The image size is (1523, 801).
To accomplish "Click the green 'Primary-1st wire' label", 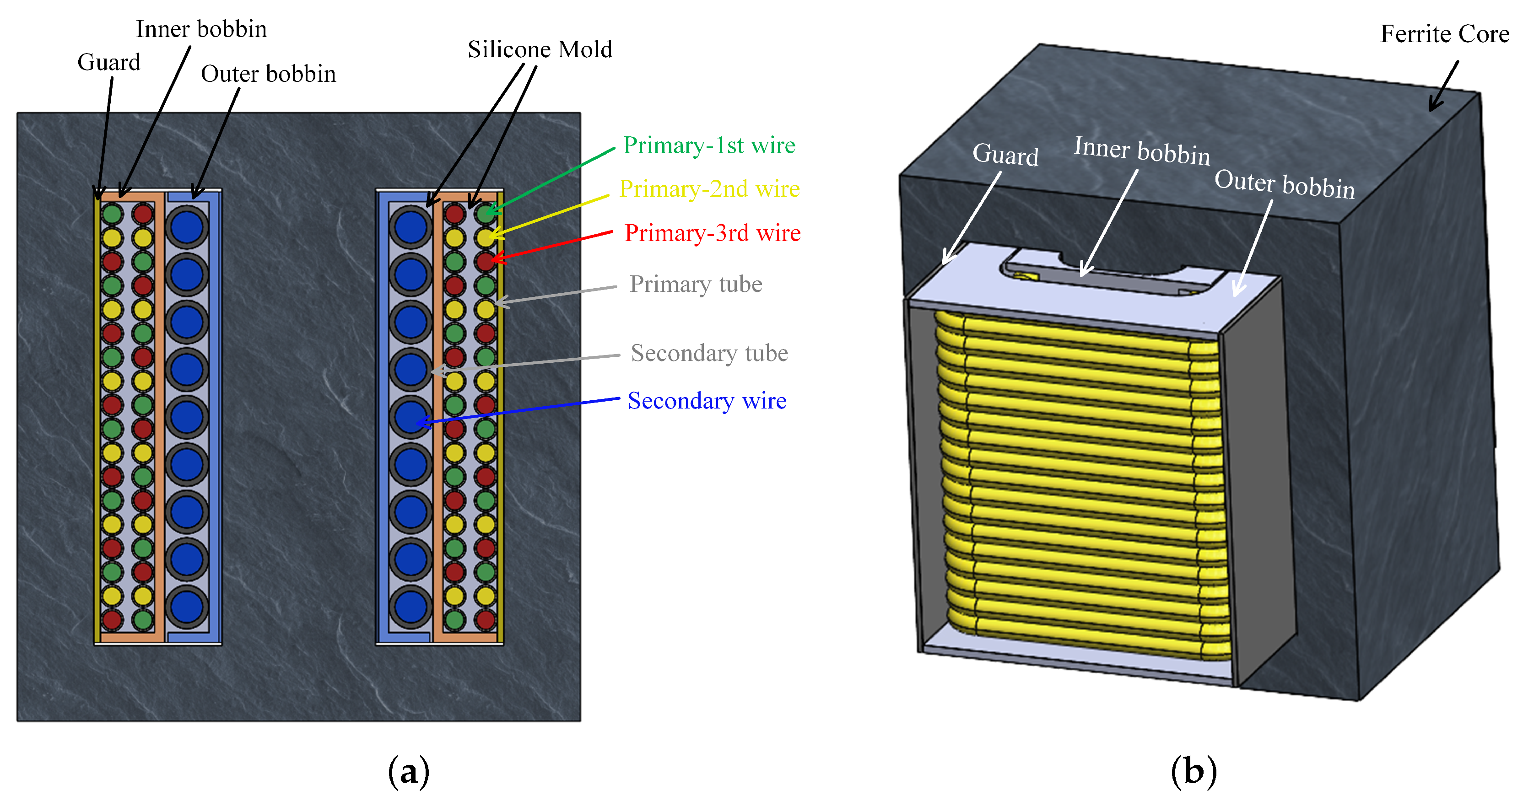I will point(709,145).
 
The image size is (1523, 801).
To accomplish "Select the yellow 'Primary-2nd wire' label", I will point(709,189).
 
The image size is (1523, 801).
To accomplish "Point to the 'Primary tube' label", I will point(696,285).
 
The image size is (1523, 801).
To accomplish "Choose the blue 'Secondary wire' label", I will point(707,401).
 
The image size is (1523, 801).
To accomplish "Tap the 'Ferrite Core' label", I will point(1444,34).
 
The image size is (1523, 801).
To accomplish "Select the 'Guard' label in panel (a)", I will point(109,63).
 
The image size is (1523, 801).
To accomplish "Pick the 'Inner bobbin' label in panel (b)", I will point(1142,151).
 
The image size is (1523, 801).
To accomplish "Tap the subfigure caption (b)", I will point(1194,771).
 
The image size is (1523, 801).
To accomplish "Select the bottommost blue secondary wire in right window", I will point(410,607).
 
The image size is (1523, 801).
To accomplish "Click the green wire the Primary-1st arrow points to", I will point(486,214).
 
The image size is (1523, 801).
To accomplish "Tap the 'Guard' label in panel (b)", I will point(1005,155).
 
